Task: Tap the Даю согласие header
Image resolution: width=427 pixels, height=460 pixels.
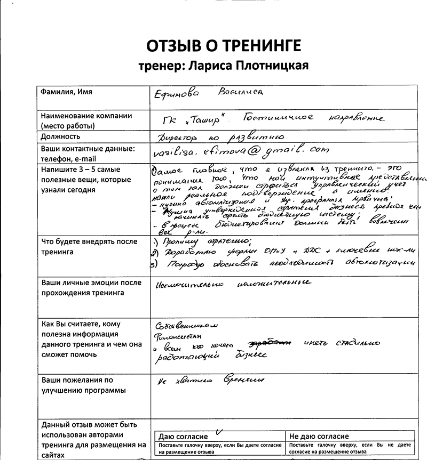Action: [x=181, y=436]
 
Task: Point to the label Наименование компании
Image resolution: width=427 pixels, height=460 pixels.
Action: [x=86, y=116]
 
